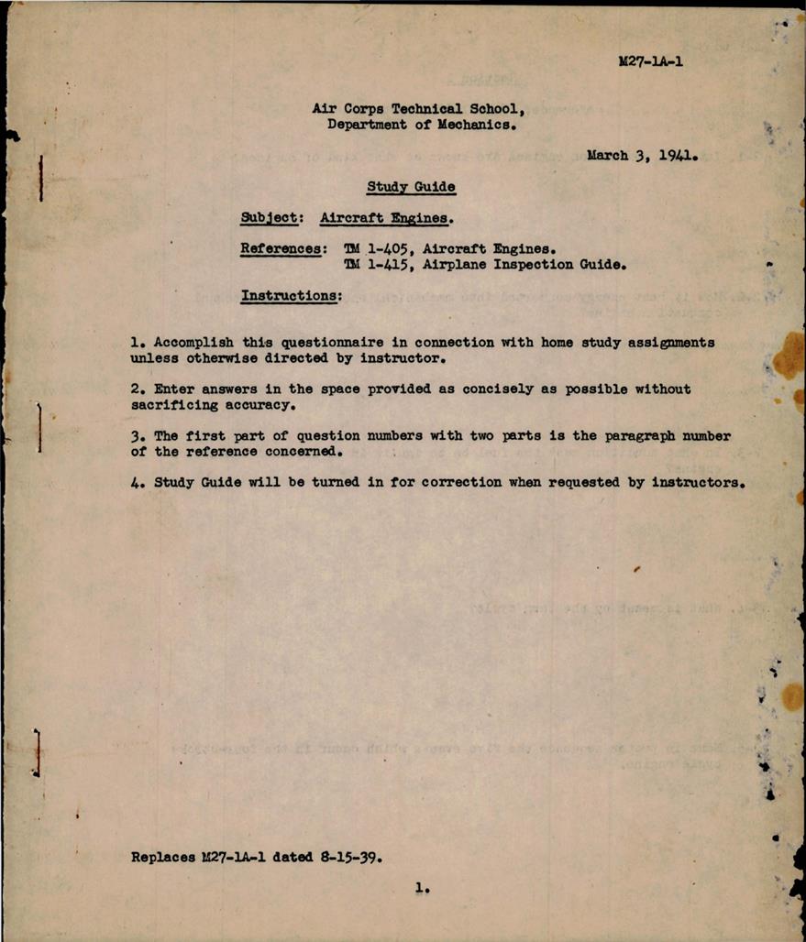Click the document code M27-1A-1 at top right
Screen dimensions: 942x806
coord(651,62)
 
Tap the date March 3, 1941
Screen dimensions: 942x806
coord(643,156)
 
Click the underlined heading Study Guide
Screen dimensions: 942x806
coord(411,187)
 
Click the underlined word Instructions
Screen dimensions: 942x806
coord(291,295)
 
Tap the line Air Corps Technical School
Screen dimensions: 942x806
coord(418,108)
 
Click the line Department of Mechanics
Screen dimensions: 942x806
coord(422,125)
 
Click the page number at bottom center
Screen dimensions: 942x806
coord(420,887)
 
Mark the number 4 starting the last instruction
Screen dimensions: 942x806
coord(135,483)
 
